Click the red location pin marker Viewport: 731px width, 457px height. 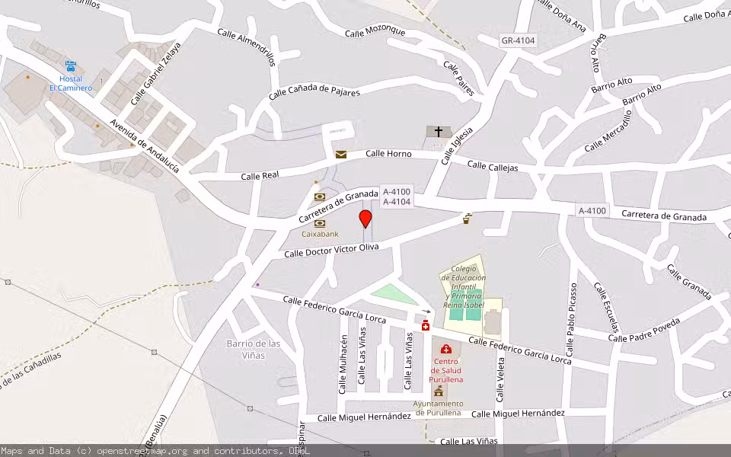pyautogui.click(x=365, y=219)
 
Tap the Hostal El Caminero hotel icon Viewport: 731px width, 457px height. pyautogui.click(x=71, y=67)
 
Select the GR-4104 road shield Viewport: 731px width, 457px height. pyautogui.click(x=518, y=40)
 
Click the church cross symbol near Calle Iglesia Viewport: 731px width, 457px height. pyautogui.click(x=438, y=132)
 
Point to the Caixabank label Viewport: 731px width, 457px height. pyautogui.click(x=320, y=234)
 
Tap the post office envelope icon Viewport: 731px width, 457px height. pyautogui.click(x=340, y=155)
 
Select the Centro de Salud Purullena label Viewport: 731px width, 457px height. pyautogui.click(x=446, y=370)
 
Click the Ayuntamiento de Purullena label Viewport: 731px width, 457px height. pyautogui.click(x=437, y=408)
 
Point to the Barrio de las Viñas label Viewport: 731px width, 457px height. pyautogui.click(x=254, y=349)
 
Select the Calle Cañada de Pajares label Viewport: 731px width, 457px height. pyautogui.click(x=314, y=91)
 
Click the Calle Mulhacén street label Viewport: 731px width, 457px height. pyautogui.click(x=344, y=364)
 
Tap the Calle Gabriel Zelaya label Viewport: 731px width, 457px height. pyautogui.click(x=156, y=73)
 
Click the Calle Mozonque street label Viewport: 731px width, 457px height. pyautogui.click(x=375, y=31)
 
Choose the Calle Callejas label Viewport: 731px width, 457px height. pyautogui.click(x=492, y=165)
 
